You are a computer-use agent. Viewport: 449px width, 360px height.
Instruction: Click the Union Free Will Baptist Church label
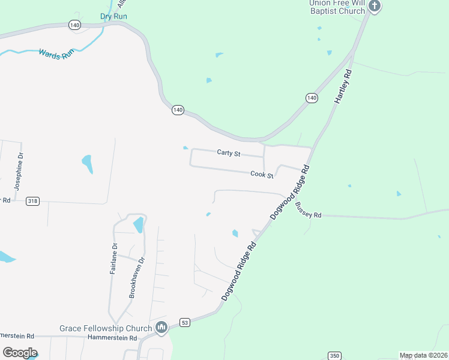pyautogui.click(x=337, y=7)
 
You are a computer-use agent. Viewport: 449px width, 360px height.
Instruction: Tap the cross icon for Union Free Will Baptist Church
pyautogui.click(x=375, y=7)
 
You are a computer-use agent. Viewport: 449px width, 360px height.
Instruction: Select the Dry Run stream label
pyautogui.click(x=113, y=16)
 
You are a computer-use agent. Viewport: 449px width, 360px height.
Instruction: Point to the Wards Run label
pyautogui.click(x=56, y=53)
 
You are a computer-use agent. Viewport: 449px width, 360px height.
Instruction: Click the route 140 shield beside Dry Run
pyautogui.click(x=74, y=25)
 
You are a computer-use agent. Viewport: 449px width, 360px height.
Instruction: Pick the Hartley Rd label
pyautogui.click(x=342, y=87)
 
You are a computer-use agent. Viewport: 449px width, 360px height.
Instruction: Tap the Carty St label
pyautogui.click(x=229, y=154)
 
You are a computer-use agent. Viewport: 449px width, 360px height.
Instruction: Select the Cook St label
pyautogui.click(x=262, y=175)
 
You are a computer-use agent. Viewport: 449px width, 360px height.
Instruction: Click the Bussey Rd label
pyautogui.click(x=309, y=210)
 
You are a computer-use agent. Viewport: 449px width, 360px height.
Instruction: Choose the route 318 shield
pyautogui.click(x=33, y=201)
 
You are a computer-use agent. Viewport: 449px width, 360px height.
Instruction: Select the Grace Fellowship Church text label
pyautogui.click(x=106, y=328)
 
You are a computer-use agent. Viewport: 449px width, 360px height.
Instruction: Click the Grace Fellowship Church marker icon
pyautogui.click(x=161, y=328)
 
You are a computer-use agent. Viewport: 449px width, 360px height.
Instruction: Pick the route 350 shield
pyautogui.click(x=335, y=356)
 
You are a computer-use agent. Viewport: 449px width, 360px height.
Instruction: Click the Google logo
pyautogui.click(x=20, y=353)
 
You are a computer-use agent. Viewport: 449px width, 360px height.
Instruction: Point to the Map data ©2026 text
pyautogui.click(x=423, y=355)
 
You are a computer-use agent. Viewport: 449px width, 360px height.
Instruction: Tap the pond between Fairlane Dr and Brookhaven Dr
pyautogui.click(x=139, y=225)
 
